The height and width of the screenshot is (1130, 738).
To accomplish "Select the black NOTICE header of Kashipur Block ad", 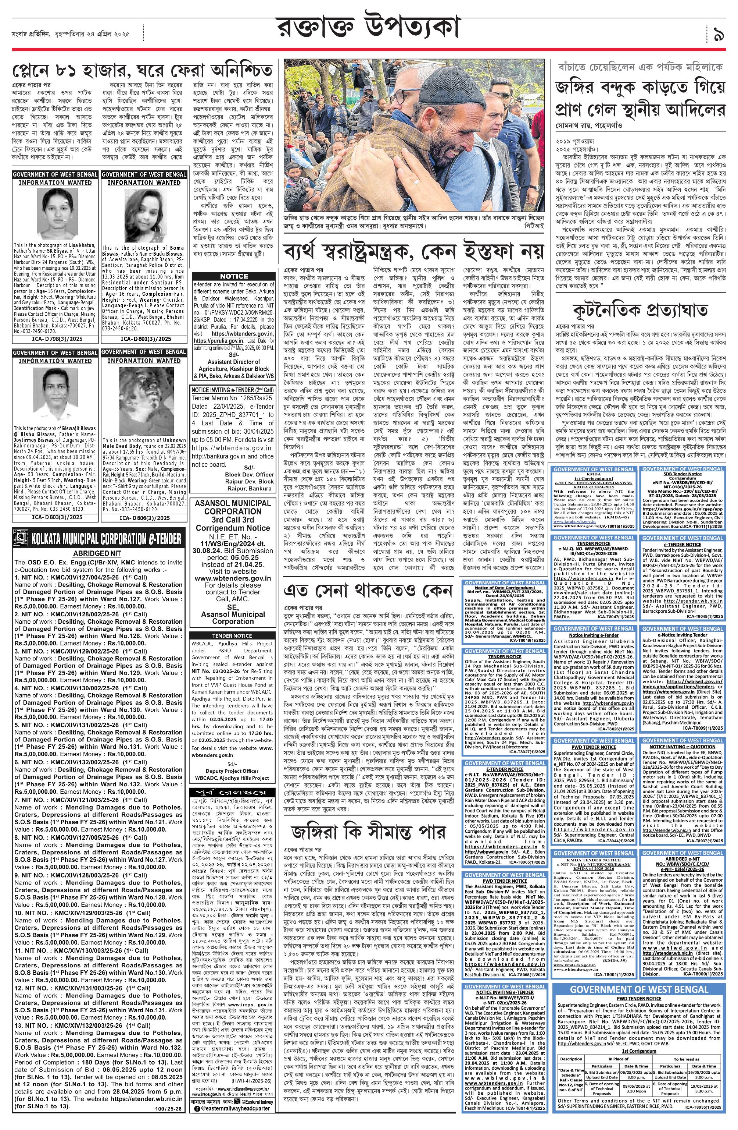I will pos(234,276).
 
